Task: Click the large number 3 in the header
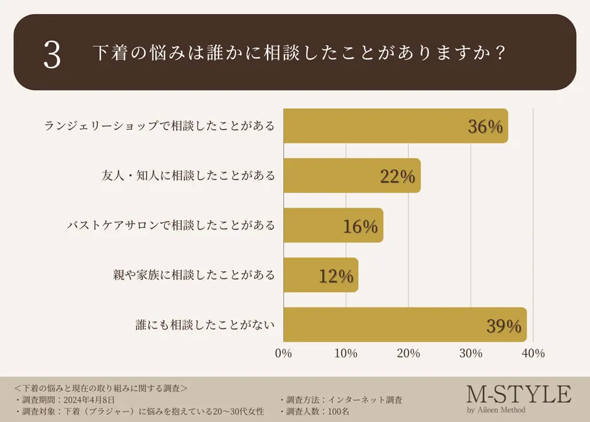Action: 52,55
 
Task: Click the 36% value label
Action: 485,127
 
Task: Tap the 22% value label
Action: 398,177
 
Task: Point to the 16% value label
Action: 360,226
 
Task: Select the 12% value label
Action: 335,276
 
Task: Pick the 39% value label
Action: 504,326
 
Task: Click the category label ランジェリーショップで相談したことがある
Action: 159,126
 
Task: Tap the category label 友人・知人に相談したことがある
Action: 188,176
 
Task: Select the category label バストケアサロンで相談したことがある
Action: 170,226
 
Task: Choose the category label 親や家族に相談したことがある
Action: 194,276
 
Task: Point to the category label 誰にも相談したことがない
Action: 205,326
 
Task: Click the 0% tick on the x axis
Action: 283,353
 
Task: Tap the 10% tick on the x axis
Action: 346,353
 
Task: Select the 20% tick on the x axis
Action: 408,353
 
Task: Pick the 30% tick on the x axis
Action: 471,353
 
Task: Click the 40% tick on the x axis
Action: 533,353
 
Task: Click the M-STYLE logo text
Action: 518,394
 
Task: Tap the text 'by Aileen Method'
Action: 496,410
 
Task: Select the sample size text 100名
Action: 340,411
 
